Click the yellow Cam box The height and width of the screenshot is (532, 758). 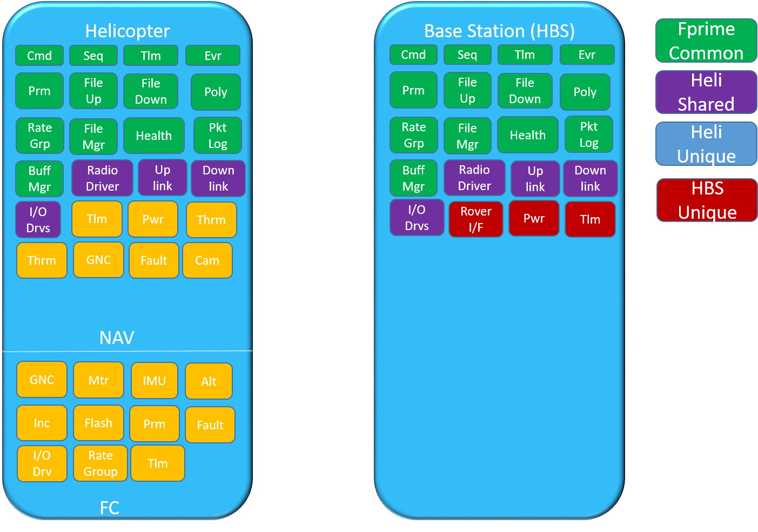coord(207,260)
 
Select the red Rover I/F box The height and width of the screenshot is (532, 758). coord(475,219)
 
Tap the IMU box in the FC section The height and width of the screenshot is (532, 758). coord(154,381)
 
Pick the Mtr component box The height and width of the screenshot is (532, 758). coord(98,380)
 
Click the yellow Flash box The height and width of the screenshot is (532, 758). coord(98,423)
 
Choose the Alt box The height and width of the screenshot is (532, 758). coord(209,381)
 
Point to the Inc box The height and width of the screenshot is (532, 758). coord(42,423)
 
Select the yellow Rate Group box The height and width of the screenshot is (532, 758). coord(100,463)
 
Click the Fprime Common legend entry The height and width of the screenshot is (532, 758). coord(706,41)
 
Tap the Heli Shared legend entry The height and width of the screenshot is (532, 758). coord(706,92)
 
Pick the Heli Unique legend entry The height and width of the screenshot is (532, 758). coord(706,144)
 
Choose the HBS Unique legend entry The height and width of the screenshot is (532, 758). coord(707,200)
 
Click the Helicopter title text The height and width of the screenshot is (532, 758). coord(128,31)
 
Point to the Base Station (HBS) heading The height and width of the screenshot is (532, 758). coord(499,31)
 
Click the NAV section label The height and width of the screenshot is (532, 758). coord(117,338)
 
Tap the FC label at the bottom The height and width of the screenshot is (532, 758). coord(110,508)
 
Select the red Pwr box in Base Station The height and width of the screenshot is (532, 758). coord(534,218)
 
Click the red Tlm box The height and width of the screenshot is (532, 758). coord(590,219)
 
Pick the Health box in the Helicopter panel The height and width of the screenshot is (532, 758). coord(154,136)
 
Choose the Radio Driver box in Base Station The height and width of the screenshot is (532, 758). coord(474,178)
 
